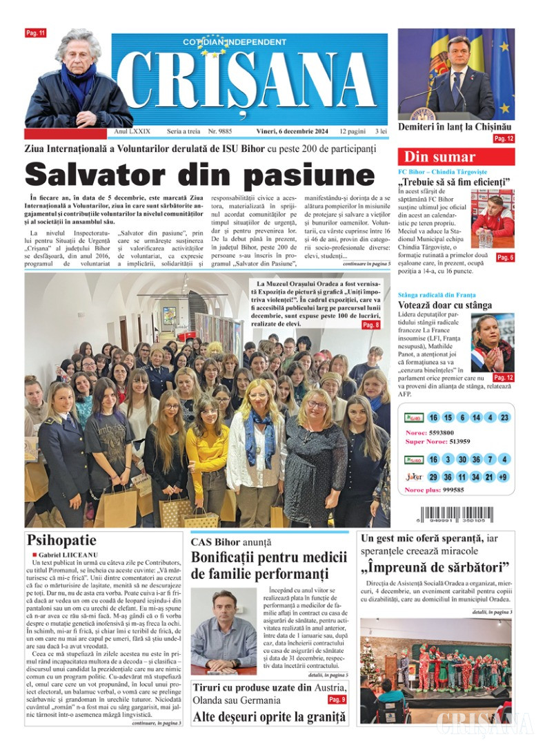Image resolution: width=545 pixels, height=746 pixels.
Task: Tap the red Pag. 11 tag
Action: pos(35,33)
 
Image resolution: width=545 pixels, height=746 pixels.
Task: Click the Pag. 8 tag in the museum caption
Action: pos(370,325)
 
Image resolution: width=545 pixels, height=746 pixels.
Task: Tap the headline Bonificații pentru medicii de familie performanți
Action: pos(269,565)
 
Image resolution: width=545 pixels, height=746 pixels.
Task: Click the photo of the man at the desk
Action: pos(223,632)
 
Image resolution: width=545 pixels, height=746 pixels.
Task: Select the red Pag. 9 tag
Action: pos(336,699)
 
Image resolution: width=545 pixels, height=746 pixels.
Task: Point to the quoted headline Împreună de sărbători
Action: pos(435,568)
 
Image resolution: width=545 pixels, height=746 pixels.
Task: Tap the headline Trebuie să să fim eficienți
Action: pos(453,182)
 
